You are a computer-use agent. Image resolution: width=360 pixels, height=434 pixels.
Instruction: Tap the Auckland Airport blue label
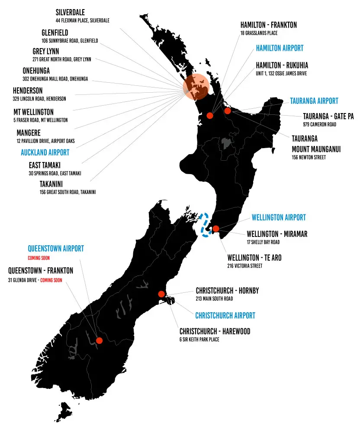click(45, 152)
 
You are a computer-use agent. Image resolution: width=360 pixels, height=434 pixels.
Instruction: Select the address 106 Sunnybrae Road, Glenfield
click(70, 41)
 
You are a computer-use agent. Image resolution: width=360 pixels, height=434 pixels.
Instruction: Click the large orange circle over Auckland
click(196, 87)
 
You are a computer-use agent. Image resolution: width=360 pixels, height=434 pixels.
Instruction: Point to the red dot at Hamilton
click(210, 115)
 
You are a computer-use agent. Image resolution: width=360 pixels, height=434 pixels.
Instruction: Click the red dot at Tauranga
click(228, 110)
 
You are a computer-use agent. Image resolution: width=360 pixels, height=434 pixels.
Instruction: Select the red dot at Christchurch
click(161, 294)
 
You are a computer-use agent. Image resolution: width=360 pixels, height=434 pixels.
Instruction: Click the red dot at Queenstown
click(99, 340)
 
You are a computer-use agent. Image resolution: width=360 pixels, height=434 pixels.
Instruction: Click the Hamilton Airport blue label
click(280, 48)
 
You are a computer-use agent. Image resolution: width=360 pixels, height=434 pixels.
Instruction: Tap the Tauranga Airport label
click(314, 101)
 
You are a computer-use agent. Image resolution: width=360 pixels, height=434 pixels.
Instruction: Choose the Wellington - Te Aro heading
click(254, 258)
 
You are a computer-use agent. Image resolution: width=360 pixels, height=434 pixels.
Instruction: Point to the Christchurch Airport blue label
click(225, 315)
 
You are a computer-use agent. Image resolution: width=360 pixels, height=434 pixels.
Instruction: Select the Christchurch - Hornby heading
click(227, 291)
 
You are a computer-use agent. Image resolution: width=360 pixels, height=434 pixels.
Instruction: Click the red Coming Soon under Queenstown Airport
click(39, 258)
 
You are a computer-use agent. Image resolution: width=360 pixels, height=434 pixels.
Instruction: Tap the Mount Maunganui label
click(316, 149)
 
